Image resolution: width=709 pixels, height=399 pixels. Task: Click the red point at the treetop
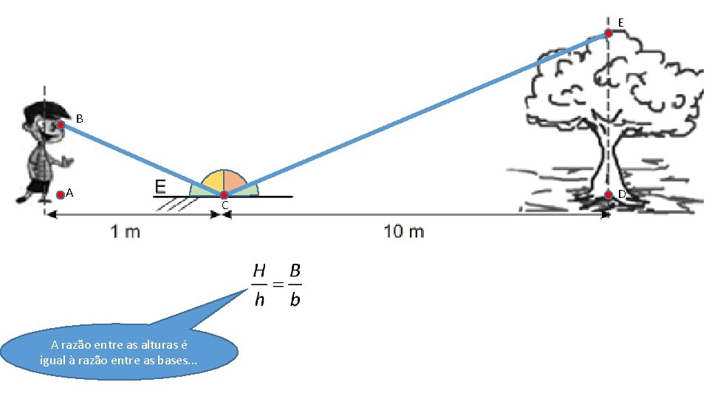pos(608,33)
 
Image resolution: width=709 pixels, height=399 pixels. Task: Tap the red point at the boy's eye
pos(61,125)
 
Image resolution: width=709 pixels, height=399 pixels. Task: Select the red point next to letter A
pos(61,195)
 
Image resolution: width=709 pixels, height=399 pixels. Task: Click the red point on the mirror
pos(224,195)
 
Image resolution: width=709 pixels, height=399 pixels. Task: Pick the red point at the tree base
pos(608,195)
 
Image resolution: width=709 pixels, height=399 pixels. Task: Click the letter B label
pos(80,118)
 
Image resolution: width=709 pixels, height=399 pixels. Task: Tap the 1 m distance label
pos(125,232)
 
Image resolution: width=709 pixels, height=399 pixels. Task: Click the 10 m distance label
pos(404,232)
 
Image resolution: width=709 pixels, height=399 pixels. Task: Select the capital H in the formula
pos(258,271)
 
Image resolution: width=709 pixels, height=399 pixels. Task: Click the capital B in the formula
pos(295,271)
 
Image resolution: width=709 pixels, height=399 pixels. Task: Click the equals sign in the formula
pos(277,284)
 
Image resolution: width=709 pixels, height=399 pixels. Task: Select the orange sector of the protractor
pos(234,181)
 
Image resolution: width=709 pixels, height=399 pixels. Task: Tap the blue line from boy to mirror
pos(140,159)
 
